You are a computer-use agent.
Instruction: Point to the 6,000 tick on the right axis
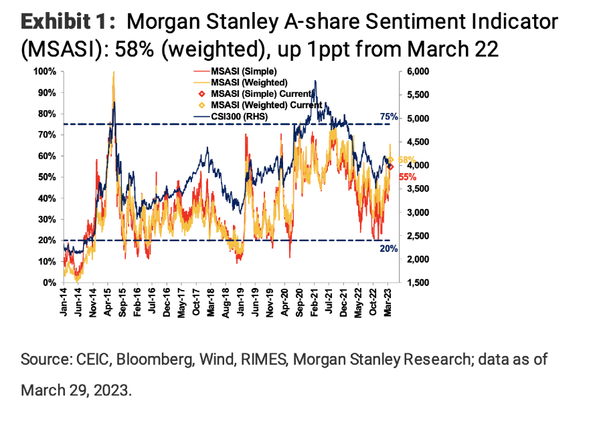click(x=416, y=71)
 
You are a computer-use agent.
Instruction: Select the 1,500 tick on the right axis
click(x=416, y=283)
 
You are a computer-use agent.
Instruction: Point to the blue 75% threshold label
click(x=389, y=117)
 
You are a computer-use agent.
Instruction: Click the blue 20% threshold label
click(x=389, y=248)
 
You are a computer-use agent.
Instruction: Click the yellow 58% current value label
click(x=406, y=160)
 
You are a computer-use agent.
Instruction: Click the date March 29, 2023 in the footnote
click(x=76, y=390)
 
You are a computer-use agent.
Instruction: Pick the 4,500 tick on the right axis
click(x=416, y=142)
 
